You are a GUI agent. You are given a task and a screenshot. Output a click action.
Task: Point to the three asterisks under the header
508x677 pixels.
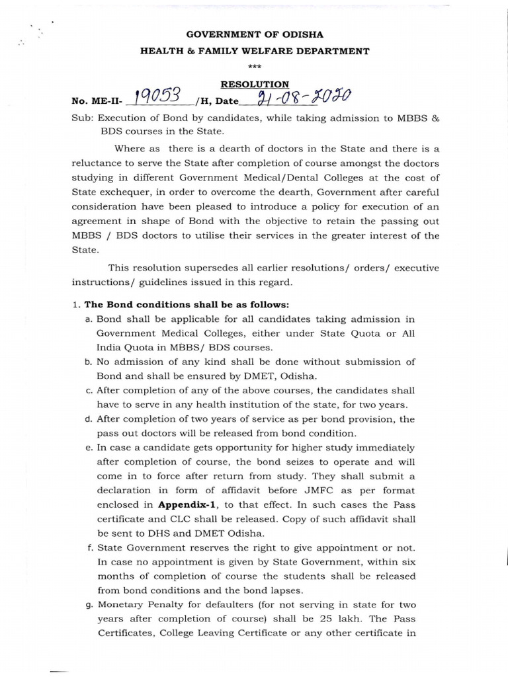pyautogui.click(x=254, y=67)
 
